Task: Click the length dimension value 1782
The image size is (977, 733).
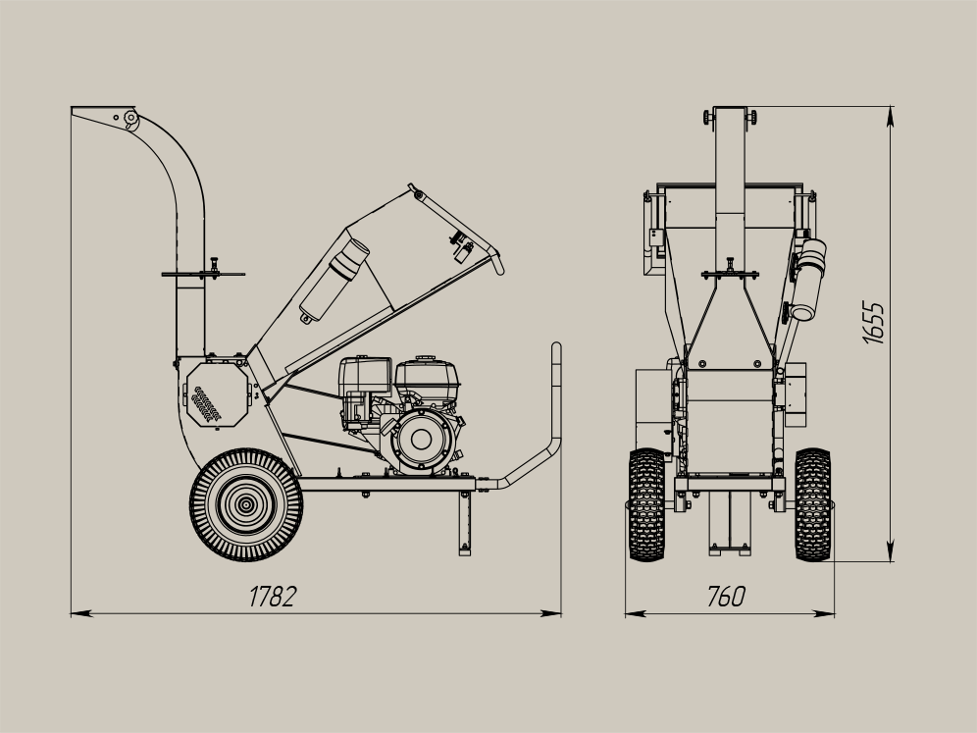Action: [273, 597]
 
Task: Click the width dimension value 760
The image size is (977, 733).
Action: [727, 597]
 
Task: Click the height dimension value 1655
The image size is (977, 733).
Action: [874, 322]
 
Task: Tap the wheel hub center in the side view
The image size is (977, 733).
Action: [245, 504]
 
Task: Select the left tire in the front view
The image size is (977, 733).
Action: [646, 504]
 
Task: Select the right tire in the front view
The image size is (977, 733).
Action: [812, 504]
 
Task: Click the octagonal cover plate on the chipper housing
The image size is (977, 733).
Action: [217, 394]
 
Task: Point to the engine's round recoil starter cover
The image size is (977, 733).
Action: [421, 439]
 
